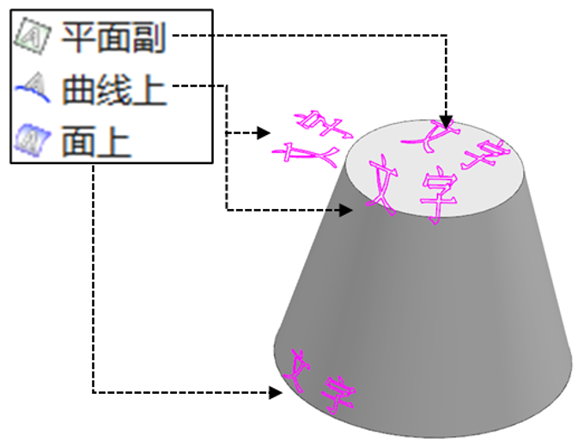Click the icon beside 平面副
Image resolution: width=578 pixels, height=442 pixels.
[32, 37]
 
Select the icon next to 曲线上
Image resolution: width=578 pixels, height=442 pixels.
[32, 87]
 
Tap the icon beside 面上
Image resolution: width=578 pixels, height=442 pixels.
[32, 138]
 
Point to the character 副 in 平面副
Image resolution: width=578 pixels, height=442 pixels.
[150, 37]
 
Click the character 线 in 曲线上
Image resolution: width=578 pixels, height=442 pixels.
[114, 88]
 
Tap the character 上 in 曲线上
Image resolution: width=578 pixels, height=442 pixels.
[150, 88]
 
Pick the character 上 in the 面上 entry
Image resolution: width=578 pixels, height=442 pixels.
[114, 139]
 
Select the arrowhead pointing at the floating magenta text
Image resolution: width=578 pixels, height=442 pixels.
[264, 133]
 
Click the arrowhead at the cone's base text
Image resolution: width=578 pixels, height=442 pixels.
[277, 393]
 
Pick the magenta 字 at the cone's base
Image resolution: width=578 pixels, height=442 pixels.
[338, 394]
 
